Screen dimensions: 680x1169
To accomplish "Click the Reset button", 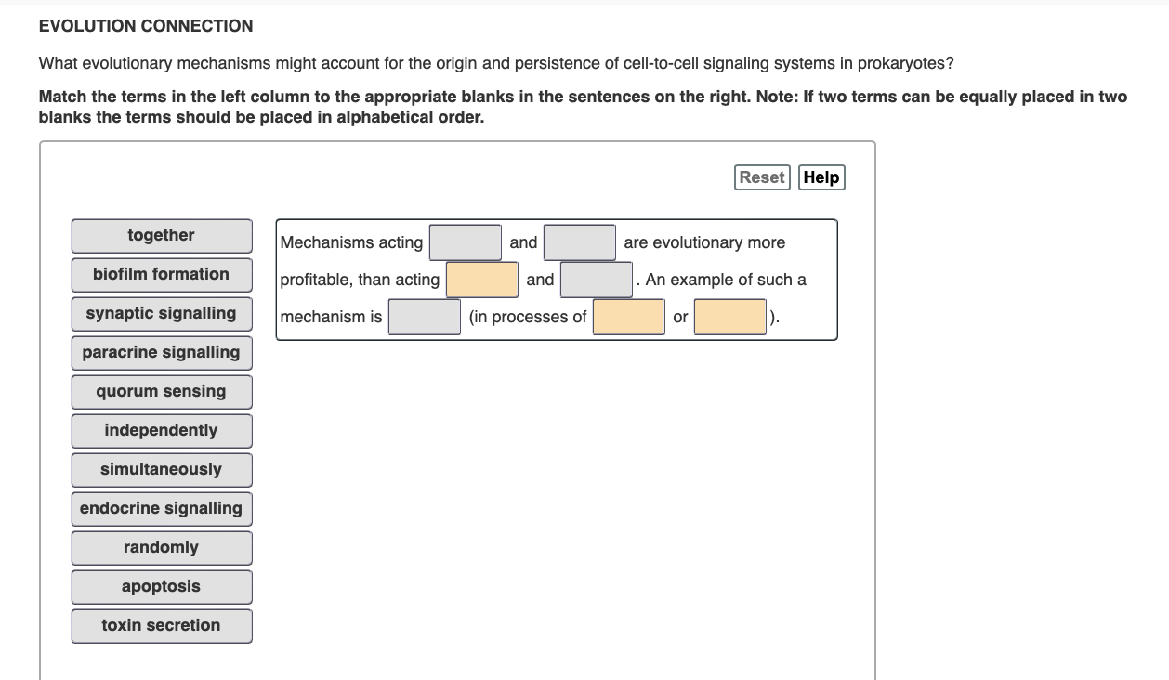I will (762, 177).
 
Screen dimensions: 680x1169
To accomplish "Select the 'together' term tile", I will (162, 236).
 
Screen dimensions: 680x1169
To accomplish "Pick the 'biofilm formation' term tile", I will (162, 275).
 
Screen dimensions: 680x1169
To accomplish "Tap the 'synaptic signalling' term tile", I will (162, 314).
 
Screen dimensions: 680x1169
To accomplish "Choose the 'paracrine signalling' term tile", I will (162, 353).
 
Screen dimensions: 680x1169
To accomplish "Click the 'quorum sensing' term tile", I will (162, 392).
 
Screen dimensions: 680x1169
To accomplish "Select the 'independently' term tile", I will (162, 431).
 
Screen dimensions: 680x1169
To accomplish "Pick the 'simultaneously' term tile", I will (162, 470).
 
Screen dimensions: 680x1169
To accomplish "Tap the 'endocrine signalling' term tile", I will (162, 509).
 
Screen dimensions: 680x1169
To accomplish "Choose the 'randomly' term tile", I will (162, 548).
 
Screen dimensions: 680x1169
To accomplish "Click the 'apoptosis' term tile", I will (162, 587).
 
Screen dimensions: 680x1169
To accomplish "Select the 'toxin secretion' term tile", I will (162, 626).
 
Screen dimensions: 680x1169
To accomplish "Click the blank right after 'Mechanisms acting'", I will (466, 242).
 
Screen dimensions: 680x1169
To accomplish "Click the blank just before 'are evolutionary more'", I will (580, 242).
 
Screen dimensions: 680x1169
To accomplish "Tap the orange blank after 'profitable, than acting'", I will (482, 280).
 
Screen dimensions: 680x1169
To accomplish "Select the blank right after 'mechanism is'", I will (425, 317).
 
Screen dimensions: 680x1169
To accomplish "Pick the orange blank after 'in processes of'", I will (629, 317).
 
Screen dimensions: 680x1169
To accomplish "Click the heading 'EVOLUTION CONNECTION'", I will (146, 26).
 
